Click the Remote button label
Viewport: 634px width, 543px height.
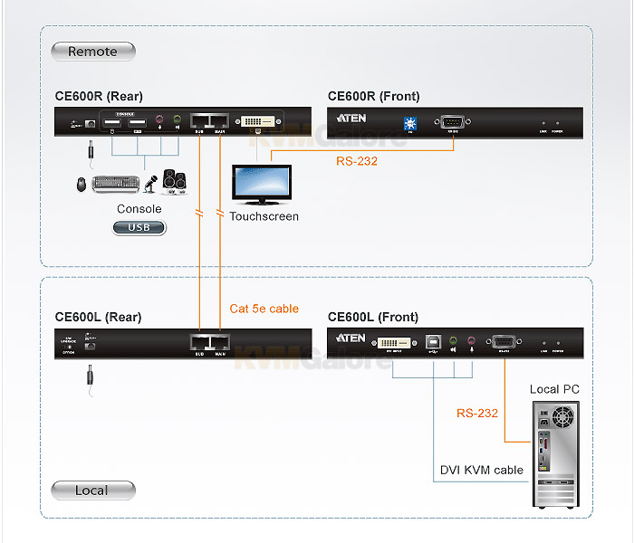[92, 52]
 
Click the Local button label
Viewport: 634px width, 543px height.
[92, 491]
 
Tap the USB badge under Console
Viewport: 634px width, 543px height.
[139, 227]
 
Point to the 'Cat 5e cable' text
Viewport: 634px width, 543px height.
[264, 309]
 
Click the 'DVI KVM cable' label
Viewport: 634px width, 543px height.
[482, 470]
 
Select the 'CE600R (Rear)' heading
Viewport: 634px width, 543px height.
[99, 97]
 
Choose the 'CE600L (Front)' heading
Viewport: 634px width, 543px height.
[373, 317]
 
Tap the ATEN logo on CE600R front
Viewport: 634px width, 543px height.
[351, 119]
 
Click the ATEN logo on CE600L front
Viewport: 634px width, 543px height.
[351, 338]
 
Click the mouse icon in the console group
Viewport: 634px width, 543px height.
[82, 184]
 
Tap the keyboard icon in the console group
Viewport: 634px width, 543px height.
[116, 184]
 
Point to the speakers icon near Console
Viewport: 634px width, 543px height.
[175, 183]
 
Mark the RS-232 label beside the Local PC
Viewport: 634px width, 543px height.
[477, 413]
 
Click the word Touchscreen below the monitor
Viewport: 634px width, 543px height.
[264, 216]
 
